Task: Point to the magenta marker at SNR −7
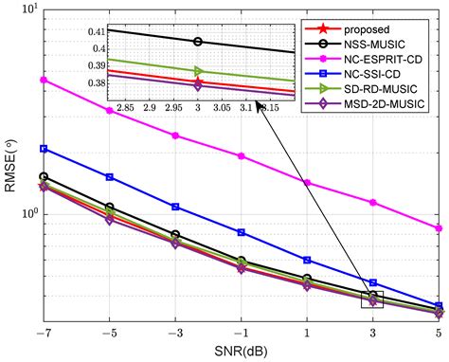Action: [44, 80]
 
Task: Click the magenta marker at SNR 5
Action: [439, 228]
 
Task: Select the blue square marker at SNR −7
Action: [44, 149]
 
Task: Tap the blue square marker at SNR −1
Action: [242, 232]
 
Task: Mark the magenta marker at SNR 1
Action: [307, 182]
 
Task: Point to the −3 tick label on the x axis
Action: [175, 333]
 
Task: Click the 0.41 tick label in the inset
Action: [95, 32]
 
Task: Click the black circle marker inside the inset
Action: [197, 42]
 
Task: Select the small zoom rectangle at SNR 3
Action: [373, 300]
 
